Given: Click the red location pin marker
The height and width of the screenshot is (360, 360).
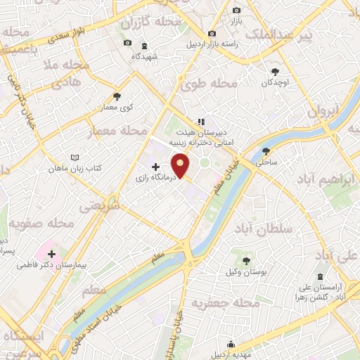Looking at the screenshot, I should tap(182, 165).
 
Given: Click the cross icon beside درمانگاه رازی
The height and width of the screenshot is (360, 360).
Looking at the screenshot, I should tap(155, 167).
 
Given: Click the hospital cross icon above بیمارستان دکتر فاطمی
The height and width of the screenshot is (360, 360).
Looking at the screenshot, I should tap(52, 252).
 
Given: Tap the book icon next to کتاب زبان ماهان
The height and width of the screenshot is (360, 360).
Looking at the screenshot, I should tap(75, 158).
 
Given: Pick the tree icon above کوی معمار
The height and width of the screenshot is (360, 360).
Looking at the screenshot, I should tap(117, 97).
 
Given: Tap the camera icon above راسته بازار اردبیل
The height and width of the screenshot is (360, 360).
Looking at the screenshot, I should tap(212, 34).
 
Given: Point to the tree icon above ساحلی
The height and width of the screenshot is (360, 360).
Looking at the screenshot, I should tap(266, 151).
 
